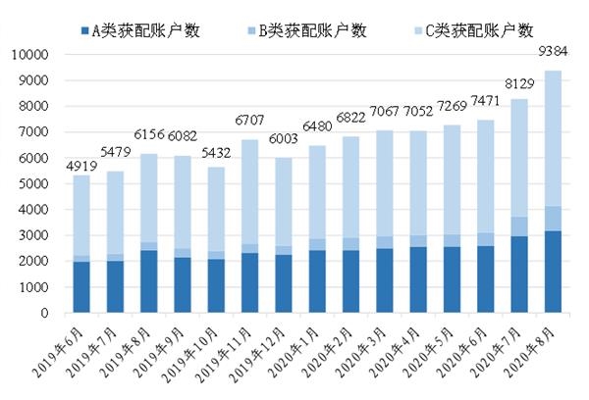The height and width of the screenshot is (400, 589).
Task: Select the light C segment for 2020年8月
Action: point(554,137)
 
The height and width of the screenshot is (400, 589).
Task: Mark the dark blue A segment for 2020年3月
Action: point(386,281)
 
